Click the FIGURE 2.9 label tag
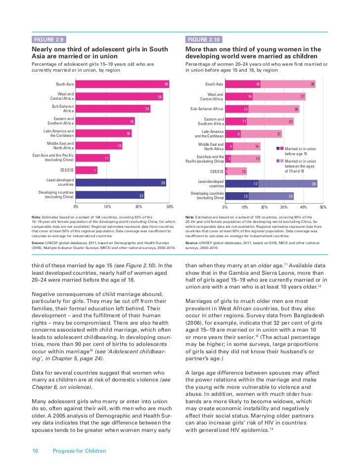[x=48, y=40]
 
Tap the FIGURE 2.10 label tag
[x=203, y=40]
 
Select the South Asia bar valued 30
[x=123, y=85]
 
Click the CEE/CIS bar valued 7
[x=87, y=170]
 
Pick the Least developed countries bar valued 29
[x=122, y=182]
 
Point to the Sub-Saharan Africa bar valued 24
[x=114, y=109]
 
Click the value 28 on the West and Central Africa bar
[x=160, y=97]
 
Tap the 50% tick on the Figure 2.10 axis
[x=323, y=207]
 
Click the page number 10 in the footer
[x=35, y=451]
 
